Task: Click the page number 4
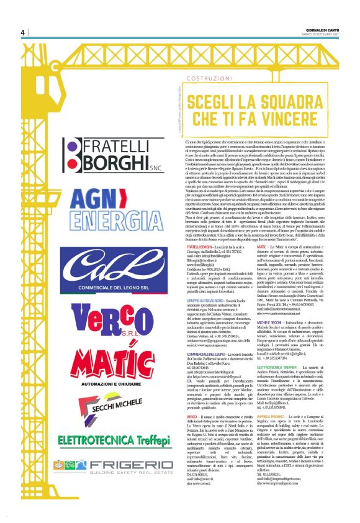click(x=22, y=32)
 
